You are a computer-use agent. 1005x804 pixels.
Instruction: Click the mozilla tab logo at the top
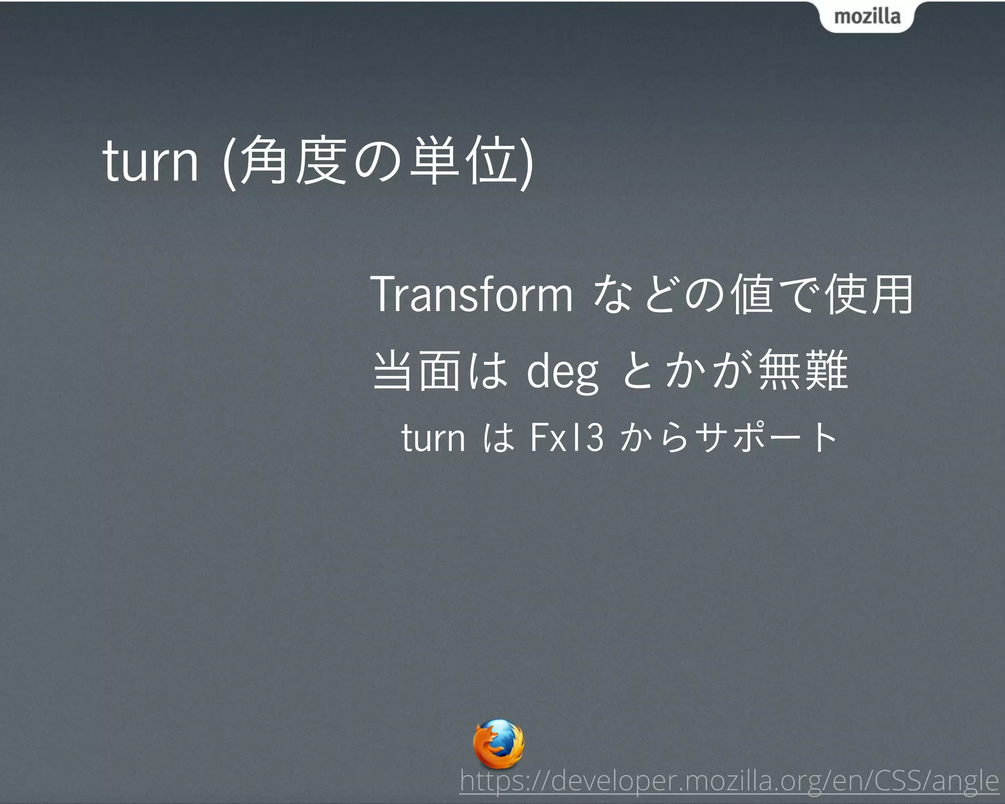[867, 16]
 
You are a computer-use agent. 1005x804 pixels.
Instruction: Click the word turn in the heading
[150, 161]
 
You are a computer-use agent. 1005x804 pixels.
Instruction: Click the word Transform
[472, 295]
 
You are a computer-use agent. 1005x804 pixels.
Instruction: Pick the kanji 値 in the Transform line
[751, 295]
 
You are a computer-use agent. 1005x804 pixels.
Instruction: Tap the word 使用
[869, 295]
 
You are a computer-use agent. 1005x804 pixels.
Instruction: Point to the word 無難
[803, 371]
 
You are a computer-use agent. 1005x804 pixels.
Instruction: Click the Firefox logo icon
[498, 744]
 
